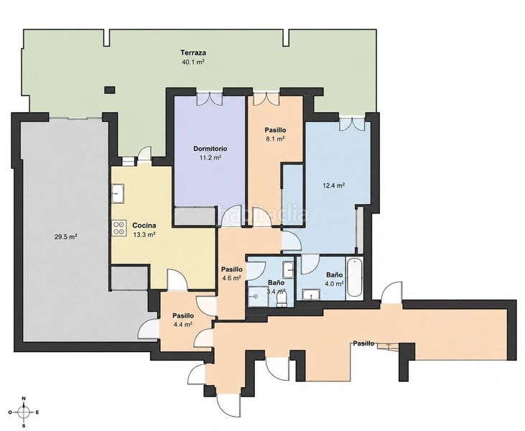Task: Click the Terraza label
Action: (193, 52)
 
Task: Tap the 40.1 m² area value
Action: (193, 62)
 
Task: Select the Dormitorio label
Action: (210, 149)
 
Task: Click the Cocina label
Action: (144, 226)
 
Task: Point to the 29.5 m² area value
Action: (65, 237)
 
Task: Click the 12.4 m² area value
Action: (333, 185)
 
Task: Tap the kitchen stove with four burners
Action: (119, 228)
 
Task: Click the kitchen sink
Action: (118, 193)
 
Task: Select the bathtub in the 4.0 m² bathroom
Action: (354, 278)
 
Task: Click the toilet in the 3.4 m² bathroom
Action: (282, 300)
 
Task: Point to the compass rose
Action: (24, 412)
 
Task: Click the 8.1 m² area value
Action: (275, 139)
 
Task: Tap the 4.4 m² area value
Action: (182, 324)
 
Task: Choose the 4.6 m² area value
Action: (232, 277)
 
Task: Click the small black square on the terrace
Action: (109, 89)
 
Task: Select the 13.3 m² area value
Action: (144, 234)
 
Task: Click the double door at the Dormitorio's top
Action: (210, 98)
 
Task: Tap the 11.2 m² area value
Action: (210, 158)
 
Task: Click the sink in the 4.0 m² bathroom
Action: (312, 295)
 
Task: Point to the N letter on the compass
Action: (24, 399)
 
